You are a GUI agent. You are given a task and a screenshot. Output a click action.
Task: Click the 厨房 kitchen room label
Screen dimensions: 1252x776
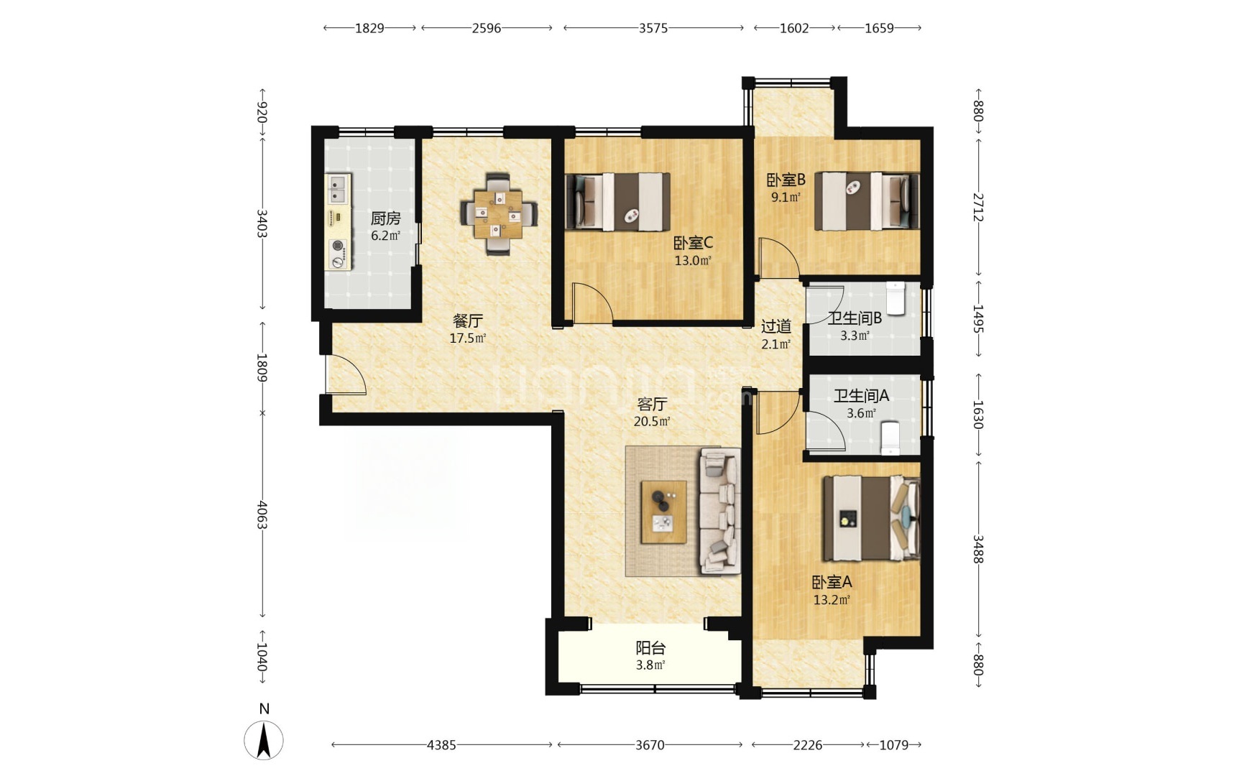coord(385,218)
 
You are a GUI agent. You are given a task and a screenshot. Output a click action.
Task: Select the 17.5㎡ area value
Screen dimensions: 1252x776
coord(468,338)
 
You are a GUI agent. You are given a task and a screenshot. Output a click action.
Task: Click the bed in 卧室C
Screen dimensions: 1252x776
coord(618,201)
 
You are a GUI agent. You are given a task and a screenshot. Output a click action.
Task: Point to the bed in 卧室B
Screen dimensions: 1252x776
coord(867,201)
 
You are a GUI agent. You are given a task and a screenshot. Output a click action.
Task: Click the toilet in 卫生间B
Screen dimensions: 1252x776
coord(895,298)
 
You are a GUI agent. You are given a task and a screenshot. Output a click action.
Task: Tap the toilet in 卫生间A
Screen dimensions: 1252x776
coord(890,438)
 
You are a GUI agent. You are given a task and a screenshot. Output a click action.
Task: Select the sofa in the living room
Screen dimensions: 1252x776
coord(720,511)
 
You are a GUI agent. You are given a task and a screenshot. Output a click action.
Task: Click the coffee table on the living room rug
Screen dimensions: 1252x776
coord(663,512)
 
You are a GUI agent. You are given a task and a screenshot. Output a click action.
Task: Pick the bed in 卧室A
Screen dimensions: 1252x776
coord(872,518)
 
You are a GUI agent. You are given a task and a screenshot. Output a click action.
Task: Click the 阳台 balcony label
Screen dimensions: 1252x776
coord(650,648)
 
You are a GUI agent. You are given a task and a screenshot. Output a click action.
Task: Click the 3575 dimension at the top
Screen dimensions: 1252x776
coord(653,28)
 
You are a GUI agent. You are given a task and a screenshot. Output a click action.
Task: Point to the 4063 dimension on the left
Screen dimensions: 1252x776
coord(262,514)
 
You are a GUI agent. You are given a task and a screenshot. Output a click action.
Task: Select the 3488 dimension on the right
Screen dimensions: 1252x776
coord(978,549)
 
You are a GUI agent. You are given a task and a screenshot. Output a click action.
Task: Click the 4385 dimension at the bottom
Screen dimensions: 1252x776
coord(441,745)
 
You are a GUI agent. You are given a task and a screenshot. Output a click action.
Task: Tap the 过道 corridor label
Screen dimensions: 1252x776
coord(776,326)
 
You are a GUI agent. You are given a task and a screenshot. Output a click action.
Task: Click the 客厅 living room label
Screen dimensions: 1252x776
coord(652,404)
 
